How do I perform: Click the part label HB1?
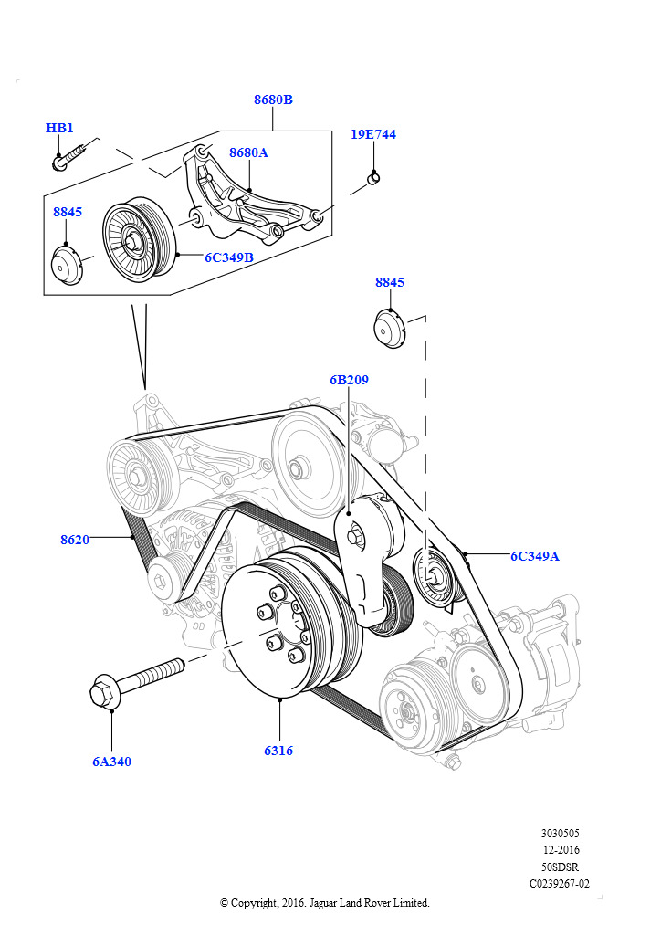59,129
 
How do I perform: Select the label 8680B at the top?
273,100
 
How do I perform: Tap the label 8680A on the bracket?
248,152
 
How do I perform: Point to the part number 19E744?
373,134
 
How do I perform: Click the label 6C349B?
228,257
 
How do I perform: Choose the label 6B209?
349,380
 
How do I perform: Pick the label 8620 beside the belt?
75,540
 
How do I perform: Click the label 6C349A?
534,555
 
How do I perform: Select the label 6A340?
111,762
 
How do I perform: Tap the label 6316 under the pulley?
278,751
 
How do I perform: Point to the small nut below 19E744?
373,177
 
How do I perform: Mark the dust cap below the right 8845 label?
390,329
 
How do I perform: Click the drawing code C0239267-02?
560,883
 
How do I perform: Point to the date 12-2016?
561,850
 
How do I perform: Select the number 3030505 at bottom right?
560,834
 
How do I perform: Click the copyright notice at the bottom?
324,902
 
